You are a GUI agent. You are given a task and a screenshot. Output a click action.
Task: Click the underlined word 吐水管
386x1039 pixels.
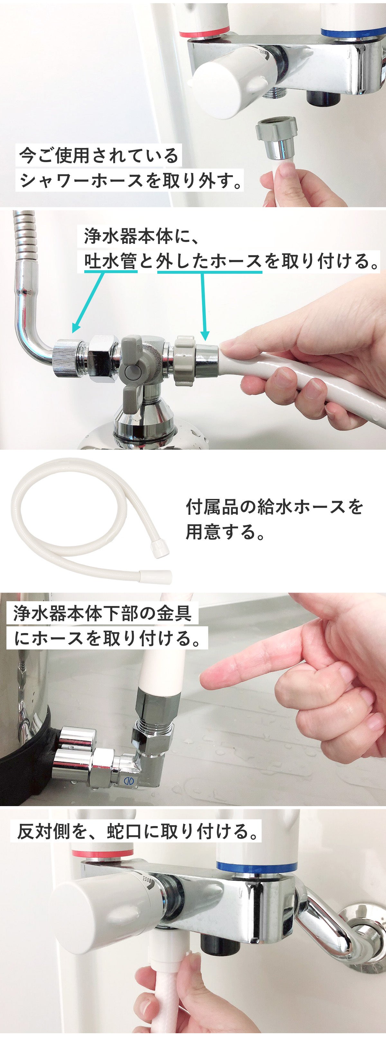click(x=111, y=262)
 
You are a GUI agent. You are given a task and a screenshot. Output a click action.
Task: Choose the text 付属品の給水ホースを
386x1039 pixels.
click(x=274, y=507)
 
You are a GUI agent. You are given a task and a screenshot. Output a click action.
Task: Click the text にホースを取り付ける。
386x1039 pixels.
click(x=107, y=638)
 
